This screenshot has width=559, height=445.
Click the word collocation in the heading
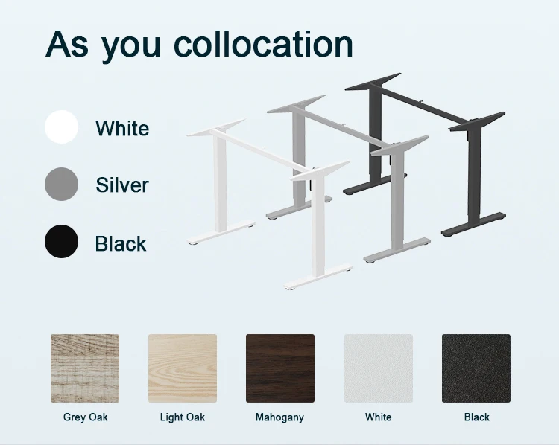tap(263, 45)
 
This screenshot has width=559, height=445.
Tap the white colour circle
tap(61, 127)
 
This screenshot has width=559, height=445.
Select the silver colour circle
tap(61, 184)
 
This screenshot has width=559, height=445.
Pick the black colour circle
tap(61, 242)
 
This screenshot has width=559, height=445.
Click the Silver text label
tap(122, 185)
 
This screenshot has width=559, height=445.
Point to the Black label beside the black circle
tap(121, 243)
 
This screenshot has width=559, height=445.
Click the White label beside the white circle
tap(122, 128)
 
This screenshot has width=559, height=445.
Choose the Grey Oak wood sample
tap(85, 368)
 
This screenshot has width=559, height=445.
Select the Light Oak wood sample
tap(183, 368)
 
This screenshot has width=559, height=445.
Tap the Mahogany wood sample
tap(280, 368)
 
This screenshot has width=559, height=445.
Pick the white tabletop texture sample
tap(378, 368)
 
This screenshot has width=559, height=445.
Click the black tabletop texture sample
tap(476, 368)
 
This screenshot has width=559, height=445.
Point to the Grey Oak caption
tap(85, 417)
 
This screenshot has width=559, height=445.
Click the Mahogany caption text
tap(279, 417)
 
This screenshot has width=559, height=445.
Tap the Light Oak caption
tap(183, 417)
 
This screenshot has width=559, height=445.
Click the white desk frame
tap(221, 186)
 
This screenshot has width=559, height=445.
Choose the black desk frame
tap(470, 179)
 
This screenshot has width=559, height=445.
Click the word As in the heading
tap(68, 45)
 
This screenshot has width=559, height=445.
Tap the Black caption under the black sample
tap(476, 417)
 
